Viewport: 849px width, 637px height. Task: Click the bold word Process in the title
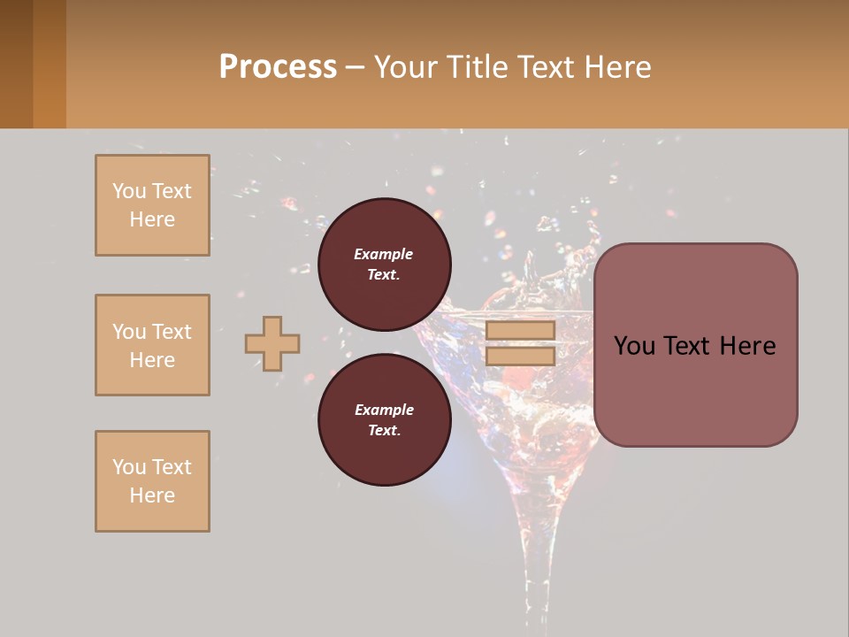[278, 66]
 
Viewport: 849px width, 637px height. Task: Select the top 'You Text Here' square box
[152, 205]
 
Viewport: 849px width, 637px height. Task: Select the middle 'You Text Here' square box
[152, 345]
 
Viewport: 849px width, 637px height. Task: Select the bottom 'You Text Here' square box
[152, 481]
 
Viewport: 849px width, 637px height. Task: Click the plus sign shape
[272, 343]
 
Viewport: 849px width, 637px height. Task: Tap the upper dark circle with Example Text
[385, 264]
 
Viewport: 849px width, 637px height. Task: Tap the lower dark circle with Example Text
[385, 419]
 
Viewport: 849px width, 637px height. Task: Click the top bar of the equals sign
[520, 330]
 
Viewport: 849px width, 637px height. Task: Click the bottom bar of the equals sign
[520, 356]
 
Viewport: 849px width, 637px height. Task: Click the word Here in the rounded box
[747, 346]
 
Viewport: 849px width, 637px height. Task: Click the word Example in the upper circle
[384, 254]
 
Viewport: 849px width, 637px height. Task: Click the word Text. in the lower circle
[384, 430]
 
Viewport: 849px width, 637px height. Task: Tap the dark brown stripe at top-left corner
[16, 64]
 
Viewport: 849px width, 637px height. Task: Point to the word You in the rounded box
[634, 346]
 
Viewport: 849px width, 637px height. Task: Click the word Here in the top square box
[152, 219]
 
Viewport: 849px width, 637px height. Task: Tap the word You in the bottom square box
[128, 467]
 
